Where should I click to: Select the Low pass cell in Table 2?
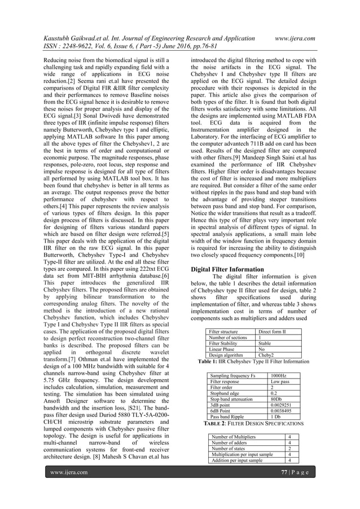click(279, 381)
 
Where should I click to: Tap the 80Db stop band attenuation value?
click(277, 400)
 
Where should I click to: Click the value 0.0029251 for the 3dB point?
click(282, 406)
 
